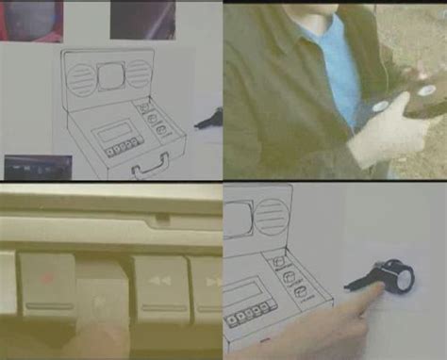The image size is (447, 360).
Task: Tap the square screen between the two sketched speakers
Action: tap(110, 73)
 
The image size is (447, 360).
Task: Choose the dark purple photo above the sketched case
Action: tap(141, 18)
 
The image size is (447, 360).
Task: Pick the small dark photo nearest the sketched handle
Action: tap(37, 167)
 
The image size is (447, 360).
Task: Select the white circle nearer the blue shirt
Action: tap(380, 106)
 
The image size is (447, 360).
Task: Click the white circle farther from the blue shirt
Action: tap(427, 91)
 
